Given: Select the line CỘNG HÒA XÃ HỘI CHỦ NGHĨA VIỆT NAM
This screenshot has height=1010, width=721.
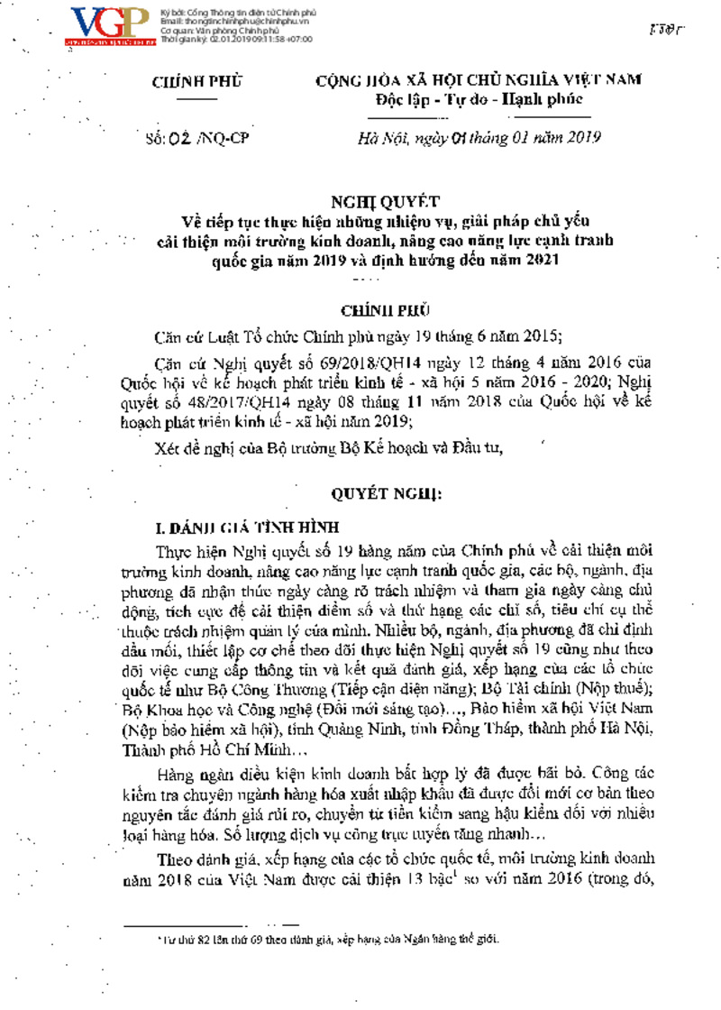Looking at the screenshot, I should [x=479, y=80].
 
